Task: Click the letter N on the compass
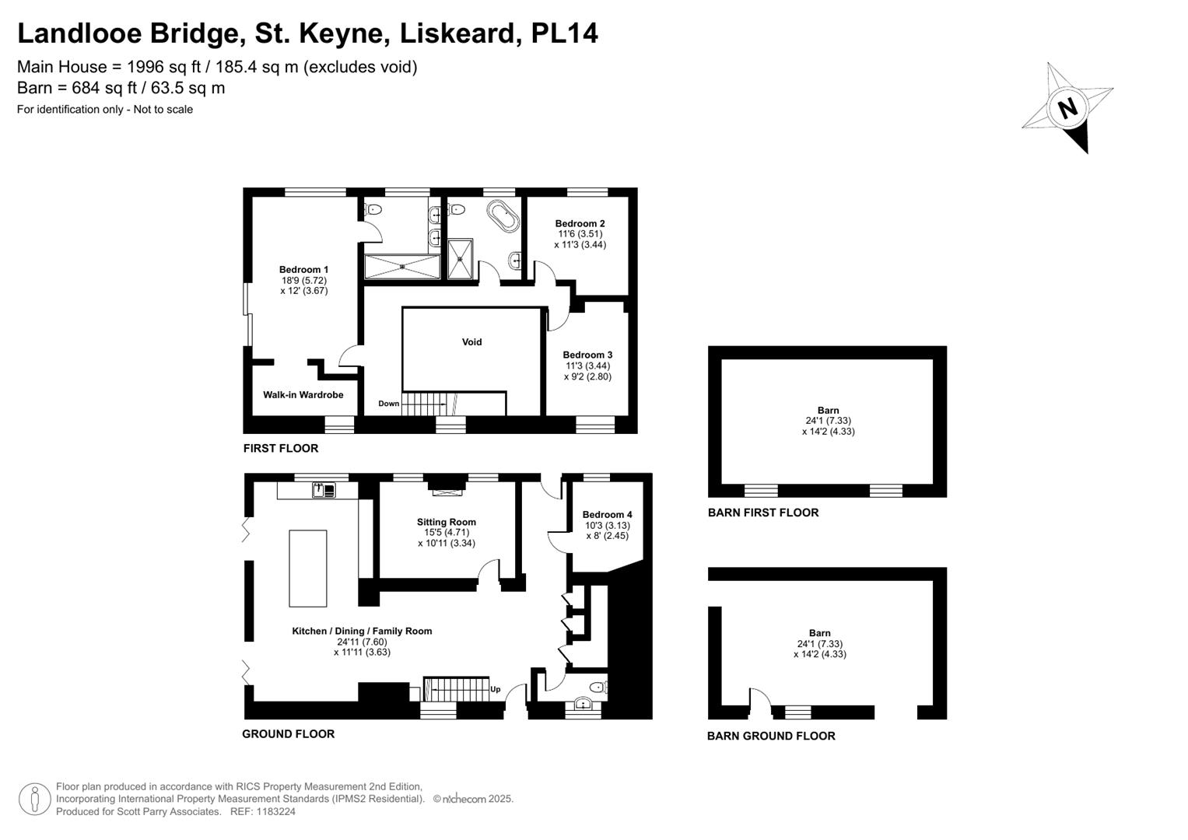coord(1068,109)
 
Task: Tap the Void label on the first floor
coord(471,342)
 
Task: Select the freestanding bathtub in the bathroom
coord(503,216)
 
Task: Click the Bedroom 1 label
coord(304,269)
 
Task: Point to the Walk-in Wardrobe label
coord(303,394)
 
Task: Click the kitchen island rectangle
coord(307,568)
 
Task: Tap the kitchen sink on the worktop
coord(324,490)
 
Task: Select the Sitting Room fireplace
coord(447,487)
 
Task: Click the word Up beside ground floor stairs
coord(496,689)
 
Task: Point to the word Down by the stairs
coord(389,404)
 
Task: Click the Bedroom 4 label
coord(608,514)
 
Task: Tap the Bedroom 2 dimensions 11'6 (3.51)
coord(580,234)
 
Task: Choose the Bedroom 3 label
coord(587,355)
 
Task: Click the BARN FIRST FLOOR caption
coord(763,513)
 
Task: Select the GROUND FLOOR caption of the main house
coord(289,734)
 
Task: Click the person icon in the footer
coord(35,800)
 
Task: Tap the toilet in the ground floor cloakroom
coord(599,688)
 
